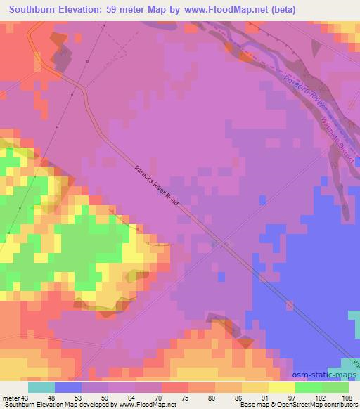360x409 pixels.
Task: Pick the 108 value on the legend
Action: click(x=347, y=398)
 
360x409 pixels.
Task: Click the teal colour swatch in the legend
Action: click(x=41, y=387)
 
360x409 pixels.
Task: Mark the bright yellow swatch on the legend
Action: click(x=281, y=387)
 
